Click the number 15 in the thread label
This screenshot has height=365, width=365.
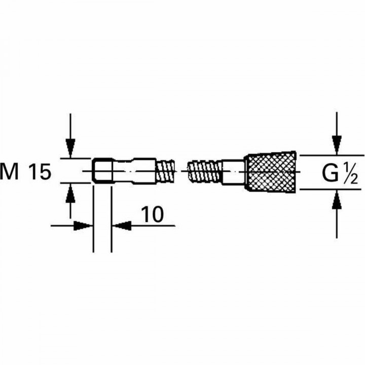click(x=40, y=172)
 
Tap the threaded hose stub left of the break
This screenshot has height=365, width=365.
click(x=165, y=171)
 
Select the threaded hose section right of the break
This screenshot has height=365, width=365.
click(x=205, y=172)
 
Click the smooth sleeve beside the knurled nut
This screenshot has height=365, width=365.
click(x=233, y=172)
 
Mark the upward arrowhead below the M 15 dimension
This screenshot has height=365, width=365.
click(x=70, y=192)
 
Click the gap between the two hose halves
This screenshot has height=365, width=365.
click(x=181, y=172)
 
